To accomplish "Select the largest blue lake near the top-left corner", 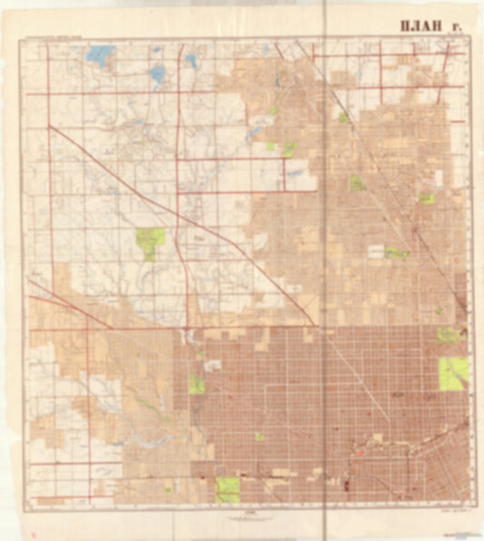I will tap(100, 55).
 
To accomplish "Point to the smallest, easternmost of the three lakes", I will tap(191, 61).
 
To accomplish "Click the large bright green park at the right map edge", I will tap(453, 372).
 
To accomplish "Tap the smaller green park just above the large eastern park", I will tap(448, 335).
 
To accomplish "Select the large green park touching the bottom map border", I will tap(227, 489).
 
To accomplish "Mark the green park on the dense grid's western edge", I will tap(196, 383).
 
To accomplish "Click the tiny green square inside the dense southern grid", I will tap(259, 437).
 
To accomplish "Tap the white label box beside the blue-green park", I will tap(374, 247).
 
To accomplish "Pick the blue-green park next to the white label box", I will tap(394, 251).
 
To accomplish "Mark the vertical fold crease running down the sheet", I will tap(324, 272).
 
